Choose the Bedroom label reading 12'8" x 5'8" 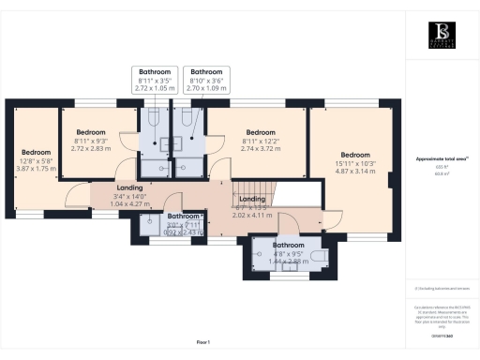36,160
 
